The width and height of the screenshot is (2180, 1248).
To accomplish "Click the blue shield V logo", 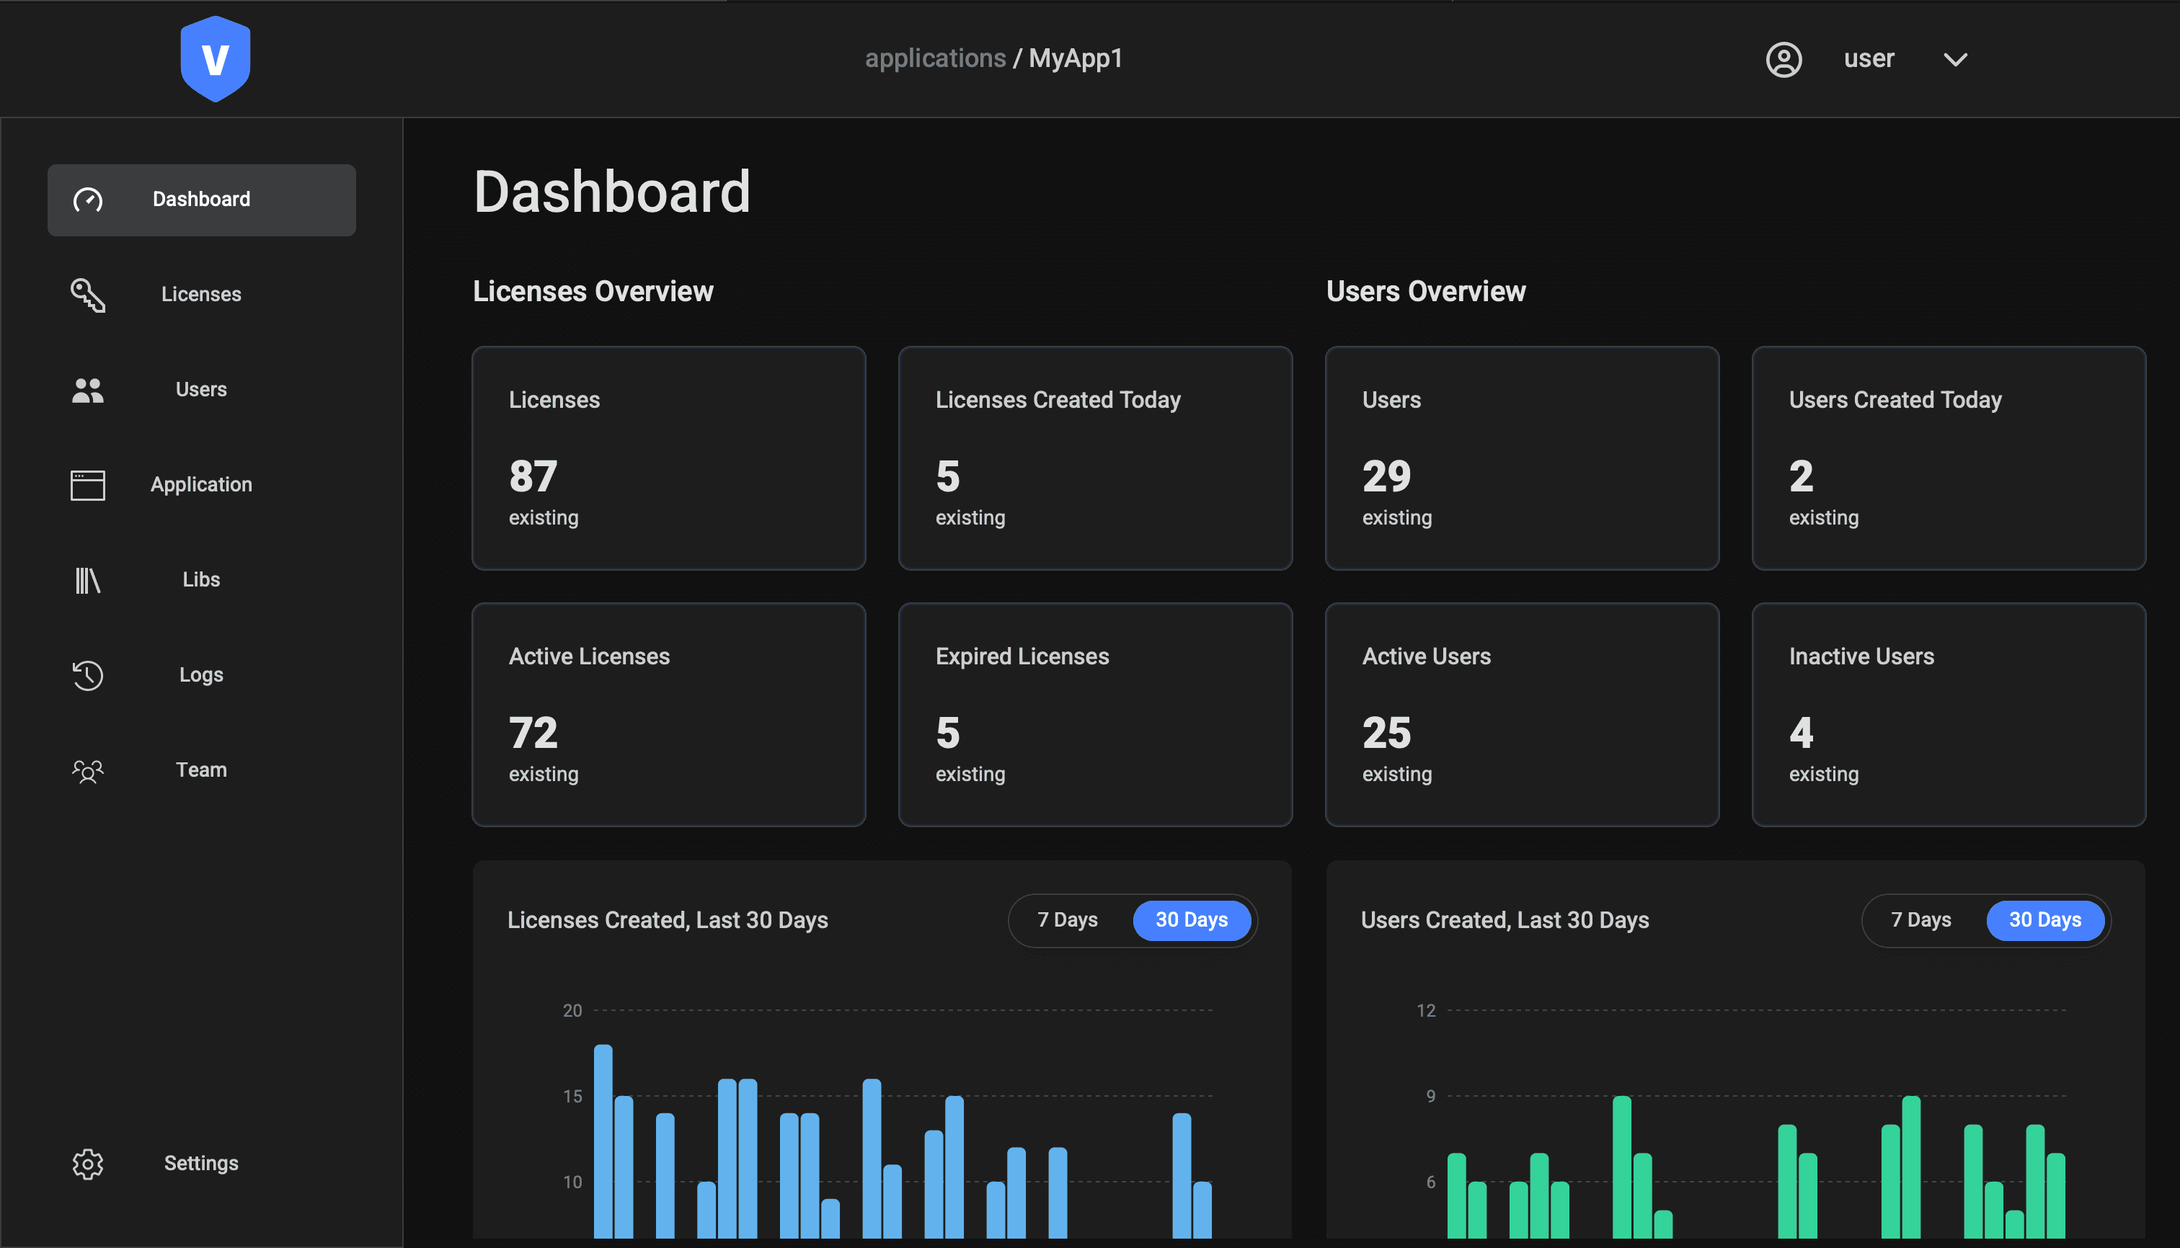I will click(x=216, y=58).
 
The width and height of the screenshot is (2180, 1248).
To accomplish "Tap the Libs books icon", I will click(x=87, y=580).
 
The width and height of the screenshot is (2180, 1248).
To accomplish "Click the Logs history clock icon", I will click(x=87, y=675).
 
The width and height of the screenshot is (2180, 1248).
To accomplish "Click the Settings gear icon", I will click(x=87, y=1163).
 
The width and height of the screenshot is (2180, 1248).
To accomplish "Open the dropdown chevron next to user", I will click(x=1955, y=59).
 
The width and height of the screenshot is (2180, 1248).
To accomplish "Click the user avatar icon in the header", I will click(x=1784, y=59).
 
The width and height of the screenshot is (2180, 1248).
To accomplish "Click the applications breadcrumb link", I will click(x=935, y=58).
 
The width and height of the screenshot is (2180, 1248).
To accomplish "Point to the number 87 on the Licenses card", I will click(x=533, y=476).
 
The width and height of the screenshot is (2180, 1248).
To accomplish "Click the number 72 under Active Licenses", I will click(x=533, y=733).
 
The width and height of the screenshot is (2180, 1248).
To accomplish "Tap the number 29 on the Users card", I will click(x=1386, y=476).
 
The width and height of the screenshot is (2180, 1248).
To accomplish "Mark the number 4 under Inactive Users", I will click(x=1801, y=733).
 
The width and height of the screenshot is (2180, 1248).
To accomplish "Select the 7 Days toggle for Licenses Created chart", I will click(x=1067, y=919).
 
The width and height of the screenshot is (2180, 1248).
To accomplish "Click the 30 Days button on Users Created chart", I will click(x=2044, y=919).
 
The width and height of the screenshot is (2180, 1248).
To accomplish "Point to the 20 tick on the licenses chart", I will click(x=572, y=1010).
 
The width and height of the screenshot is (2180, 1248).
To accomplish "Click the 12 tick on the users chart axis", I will click(x=1425, y=1010).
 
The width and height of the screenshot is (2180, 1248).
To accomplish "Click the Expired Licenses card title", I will click(x=1022, y=656).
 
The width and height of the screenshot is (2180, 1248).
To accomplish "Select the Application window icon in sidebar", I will click(x=87, y=485).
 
